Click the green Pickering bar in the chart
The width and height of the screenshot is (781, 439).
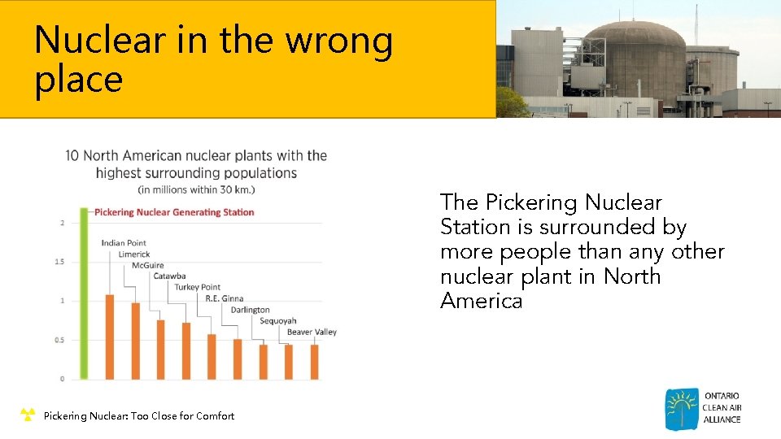click(84, 293)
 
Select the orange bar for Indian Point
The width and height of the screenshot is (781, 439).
click(110, 337)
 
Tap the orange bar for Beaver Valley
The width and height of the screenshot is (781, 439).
click(314, 362)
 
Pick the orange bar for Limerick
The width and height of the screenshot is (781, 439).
click(135, 341)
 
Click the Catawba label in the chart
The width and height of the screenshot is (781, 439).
click(169, 276)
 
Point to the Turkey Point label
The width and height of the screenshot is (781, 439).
click(197, 287)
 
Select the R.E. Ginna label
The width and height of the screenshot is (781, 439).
click(224, 298)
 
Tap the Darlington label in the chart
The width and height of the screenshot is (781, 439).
click(250, 310)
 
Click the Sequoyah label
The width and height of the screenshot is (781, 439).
click(278, 321)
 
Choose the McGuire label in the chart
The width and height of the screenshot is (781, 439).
click(147, 265)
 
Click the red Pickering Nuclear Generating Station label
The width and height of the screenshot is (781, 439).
click(174, 212)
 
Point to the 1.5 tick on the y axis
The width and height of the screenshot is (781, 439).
click(59, 262)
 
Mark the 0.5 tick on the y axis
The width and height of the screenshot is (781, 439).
click(59, 340)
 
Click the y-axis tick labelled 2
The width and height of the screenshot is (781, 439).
click(63, 223)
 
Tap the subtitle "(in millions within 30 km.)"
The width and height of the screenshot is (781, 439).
click(196, 189)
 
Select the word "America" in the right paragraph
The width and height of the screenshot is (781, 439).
click(481, 302)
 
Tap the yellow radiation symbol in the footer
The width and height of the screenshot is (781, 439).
click(28, 415)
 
